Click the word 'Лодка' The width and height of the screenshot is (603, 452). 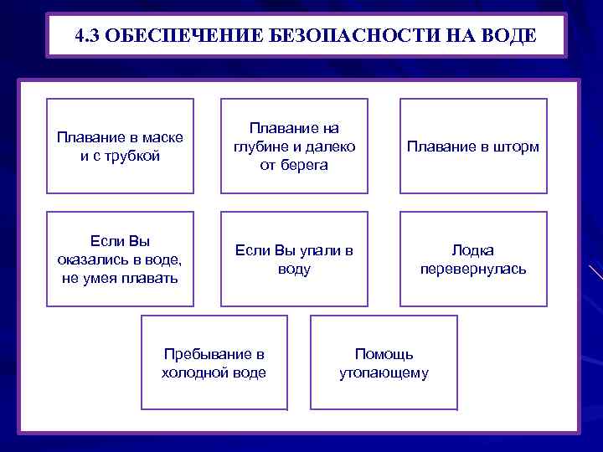pos(473,250)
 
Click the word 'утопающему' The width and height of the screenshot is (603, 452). pos(384,372)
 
